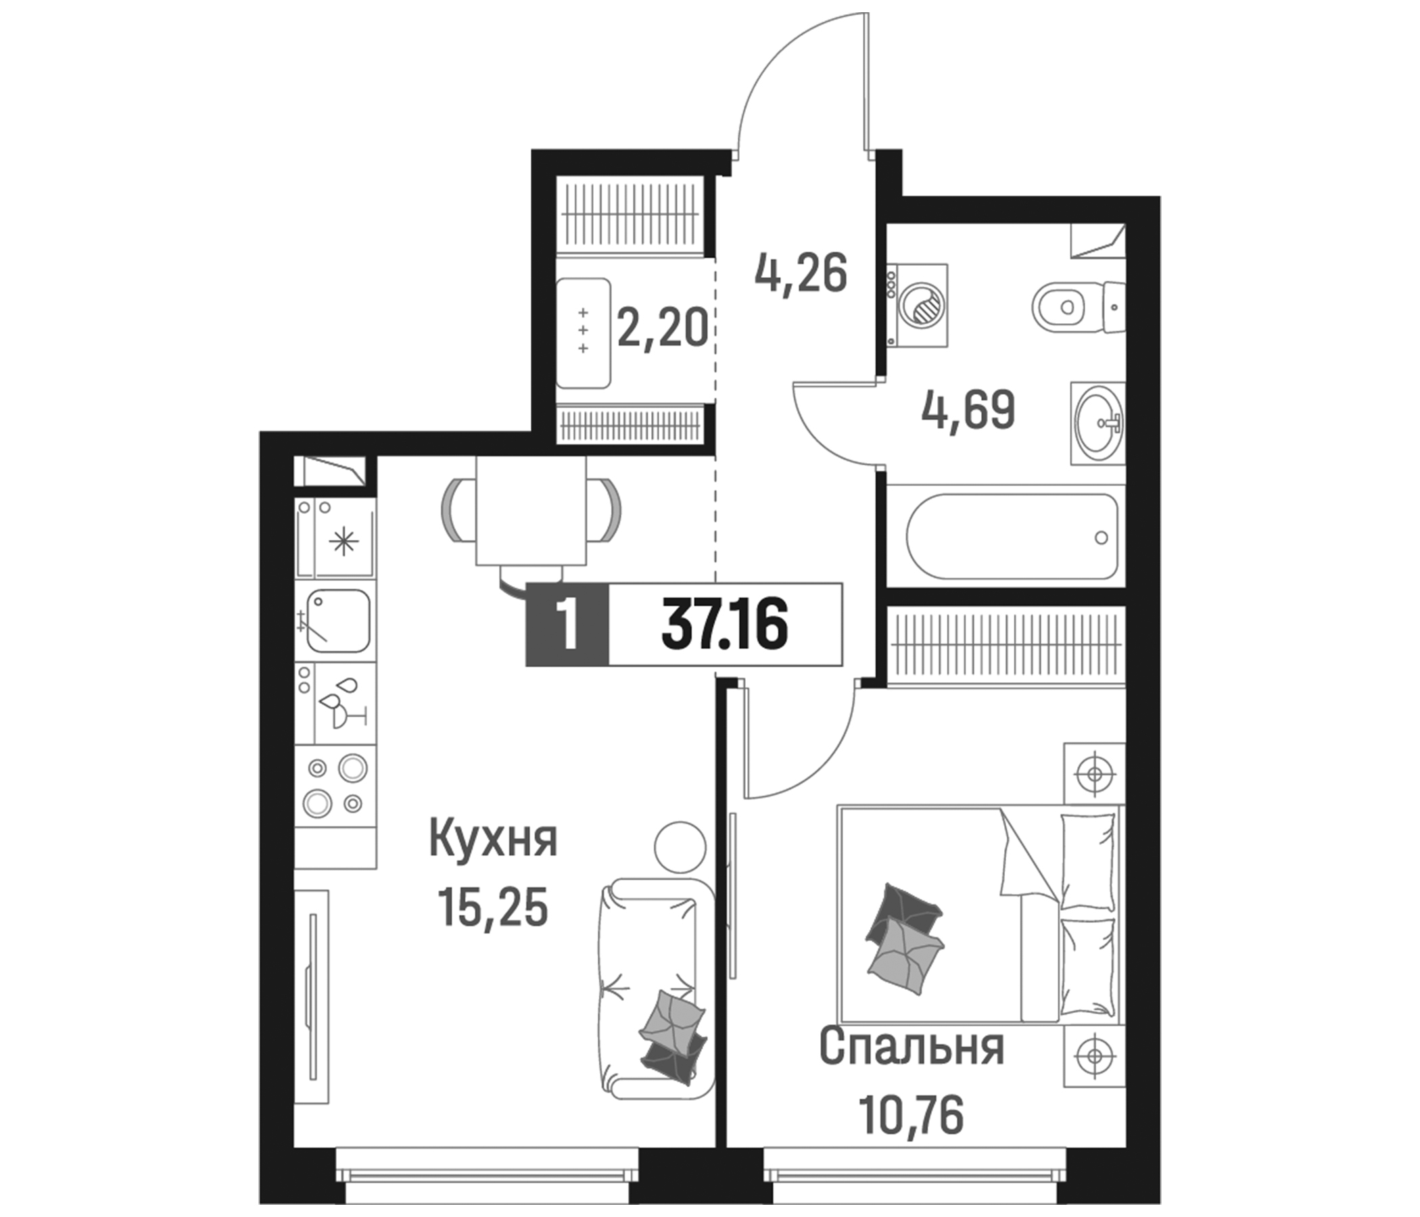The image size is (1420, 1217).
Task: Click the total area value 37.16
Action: coord(724,623)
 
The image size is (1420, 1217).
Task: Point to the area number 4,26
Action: coord(801,274)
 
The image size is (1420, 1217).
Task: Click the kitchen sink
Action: coord(338,621)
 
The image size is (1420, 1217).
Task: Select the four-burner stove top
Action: coord(335,784)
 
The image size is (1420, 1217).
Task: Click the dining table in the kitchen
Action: coord(531,510)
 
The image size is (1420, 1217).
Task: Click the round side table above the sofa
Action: coord(679,847)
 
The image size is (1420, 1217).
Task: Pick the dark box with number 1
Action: coord(567,623)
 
